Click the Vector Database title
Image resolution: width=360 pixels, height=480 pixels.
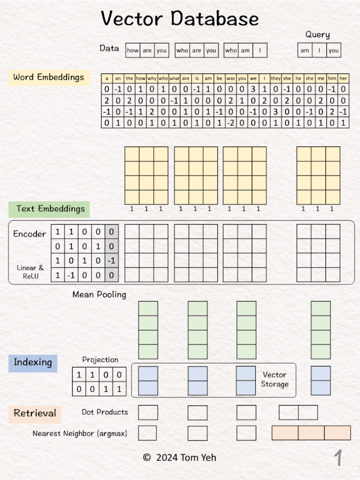coord(180,18)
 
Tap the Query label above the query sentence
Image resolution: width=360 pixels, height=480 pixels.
coord(317,35)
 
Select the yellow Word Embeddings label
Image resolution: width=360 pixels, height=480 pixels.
coord(49,77)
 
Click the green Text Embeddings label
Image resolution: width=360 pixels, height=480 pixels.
coord(49,209)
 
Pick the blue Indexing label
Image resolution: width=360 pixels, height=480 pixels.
coord(33,363)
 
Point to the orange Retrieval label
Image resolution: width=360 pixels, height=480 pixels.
coord(35,413)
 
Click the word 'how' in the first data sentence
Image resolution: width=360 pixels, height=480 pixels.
coord(133,50)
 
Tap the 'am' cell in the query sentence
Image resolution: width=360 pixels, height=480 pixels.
coord(305,50)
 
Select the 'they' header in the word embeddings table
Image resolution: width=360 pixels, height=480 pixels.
coord(275,78)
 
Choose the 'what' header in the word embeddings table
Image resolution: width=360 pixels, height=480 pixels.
coord(174,78)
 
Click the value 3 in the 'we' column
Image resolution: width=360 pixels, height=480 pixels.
coord(253,89)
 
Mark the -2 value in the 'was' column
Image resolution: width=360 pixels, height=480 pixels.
coord(230,123)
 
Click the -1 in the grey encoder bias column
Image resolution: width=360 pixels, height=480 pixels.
coord(112,261)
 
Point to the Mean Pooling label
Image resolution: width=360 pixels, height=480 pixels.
coord(99,295)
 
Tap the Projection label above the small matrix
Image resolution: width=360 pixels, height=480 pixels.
coord(100,360)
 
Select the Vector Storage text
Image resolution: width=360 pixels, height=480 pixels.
coord(274,380)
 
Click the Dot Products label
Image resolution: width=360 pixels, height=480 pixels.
coord(105,413)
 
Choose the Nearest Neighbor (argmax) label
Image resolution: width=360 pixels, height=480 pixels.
coord(80,434)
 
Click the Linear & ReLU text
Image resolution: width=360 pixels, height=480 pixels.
coord(30,272)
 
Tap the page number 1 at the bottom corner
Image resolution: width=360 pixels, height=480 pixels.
coord(338,458)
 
